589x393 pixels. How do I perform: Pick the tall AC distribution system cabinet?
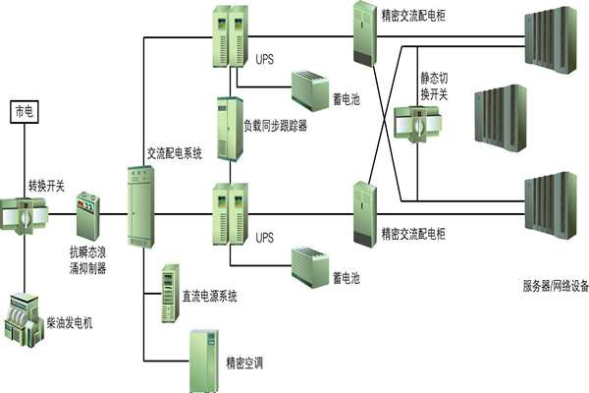[140, 206]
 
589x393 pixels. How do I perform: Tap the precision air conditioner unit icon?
[204, 360]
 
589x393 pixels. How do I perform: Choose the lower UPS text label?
[265, 238]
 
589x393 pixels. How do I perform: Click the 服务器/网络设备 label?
[555, 287]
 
